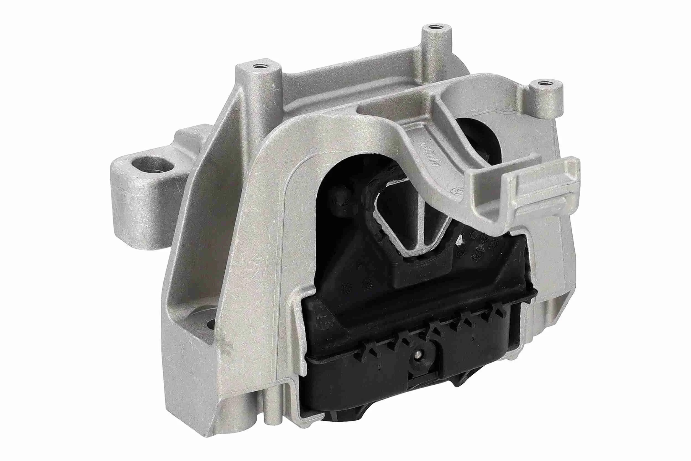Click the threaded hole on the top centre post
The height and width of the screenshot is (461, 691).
434,29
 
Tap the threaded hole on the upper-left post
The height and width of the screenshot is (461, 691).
260,66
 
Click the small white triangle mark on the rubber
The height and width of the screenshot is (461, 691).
459,241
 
